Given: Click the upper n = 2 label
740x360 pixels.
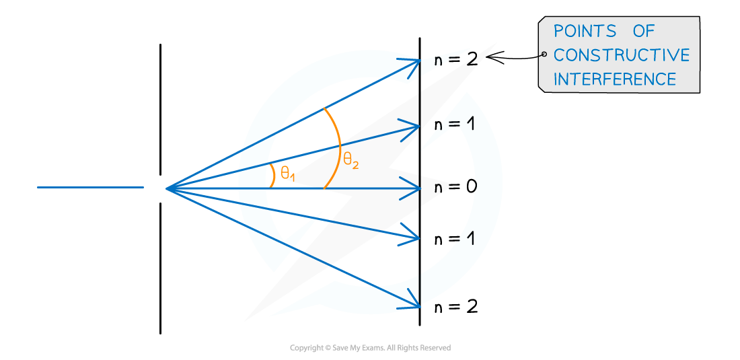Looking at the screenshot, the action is pos(456,61).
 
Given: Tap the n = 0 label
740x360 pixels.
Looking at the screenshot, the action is pos(456,187).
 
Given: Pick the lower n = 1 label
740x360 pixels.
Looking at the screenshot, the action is pos(453,239).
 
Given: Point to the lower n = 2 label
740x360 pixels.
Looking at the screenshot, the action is pos(456,307).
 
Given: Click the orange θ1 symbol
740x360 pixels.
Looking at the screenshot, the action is pos(287,174).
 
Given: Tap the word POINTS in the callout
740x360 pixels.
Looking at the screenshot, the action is pos(585,31).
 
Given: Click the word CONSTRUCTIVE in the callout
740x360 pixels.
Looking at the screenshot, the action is pos(622,55).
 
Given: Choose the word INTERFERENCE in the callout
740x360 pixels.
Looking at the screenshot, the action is pos(615,79).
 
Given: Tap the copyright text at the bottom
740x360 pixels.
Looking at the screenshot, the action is pos(370,348).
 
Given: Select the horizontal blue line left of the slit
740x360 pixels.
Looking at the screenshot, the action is pos(90,187).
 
